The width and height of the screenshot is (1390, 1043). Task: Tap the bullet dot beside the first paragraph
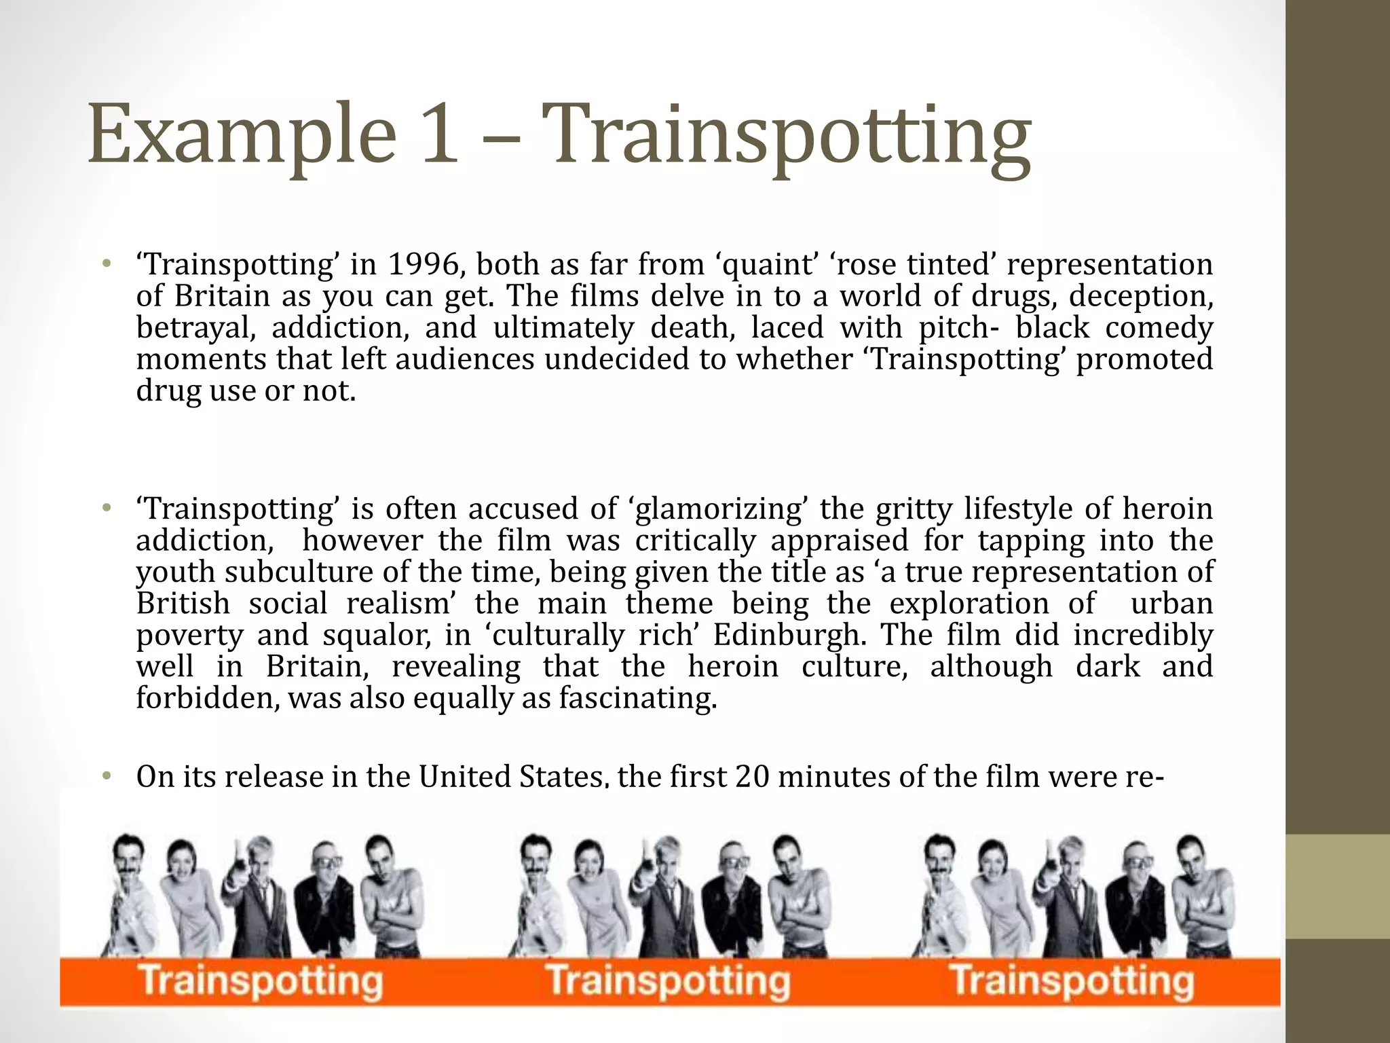pos(106,264)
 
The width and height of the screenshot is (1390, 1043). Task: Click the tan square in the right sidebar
pos(1338,886)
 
